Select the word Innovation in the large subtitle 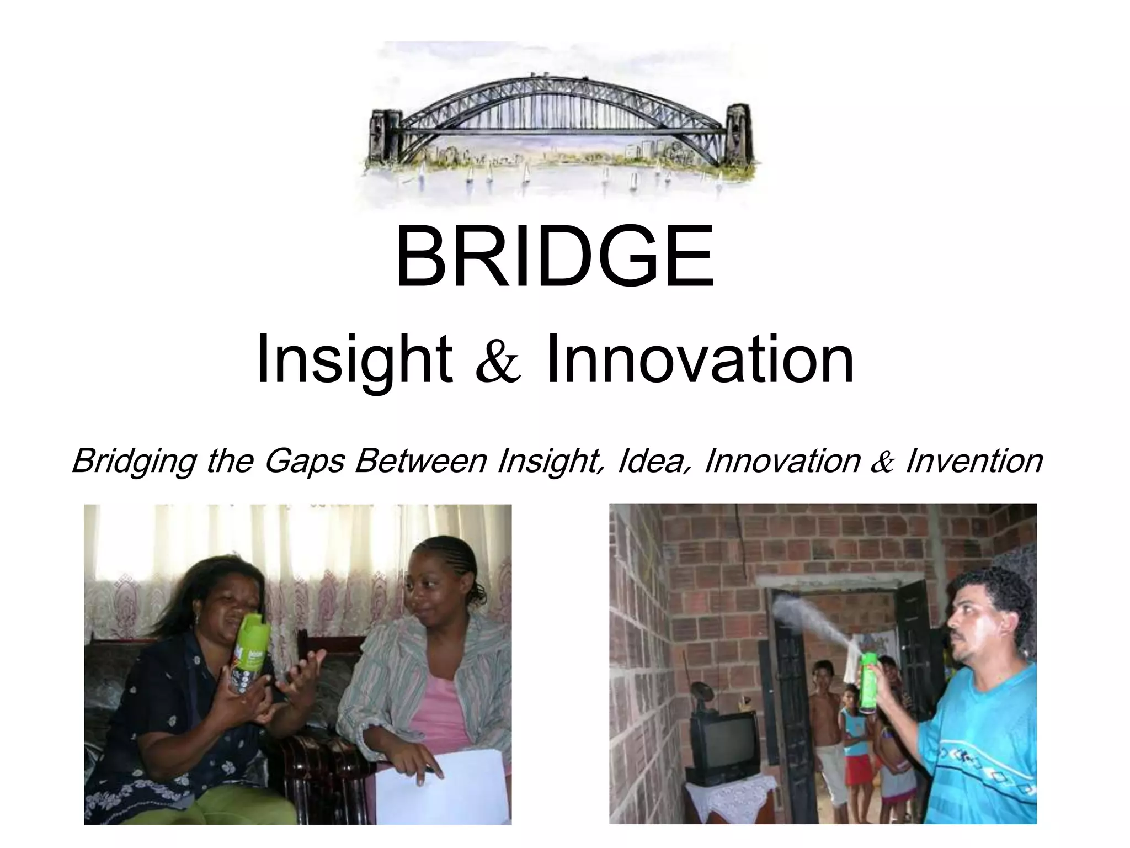(700, 360)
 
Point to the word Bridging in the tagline (134, 462)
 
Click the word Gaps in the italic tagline (305, 462)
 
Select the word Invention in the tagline (974, 461)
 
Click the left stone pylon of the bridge (386, 135)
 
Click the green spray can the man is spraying (868, 682)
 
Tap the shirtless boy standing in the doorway (824, 712)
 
